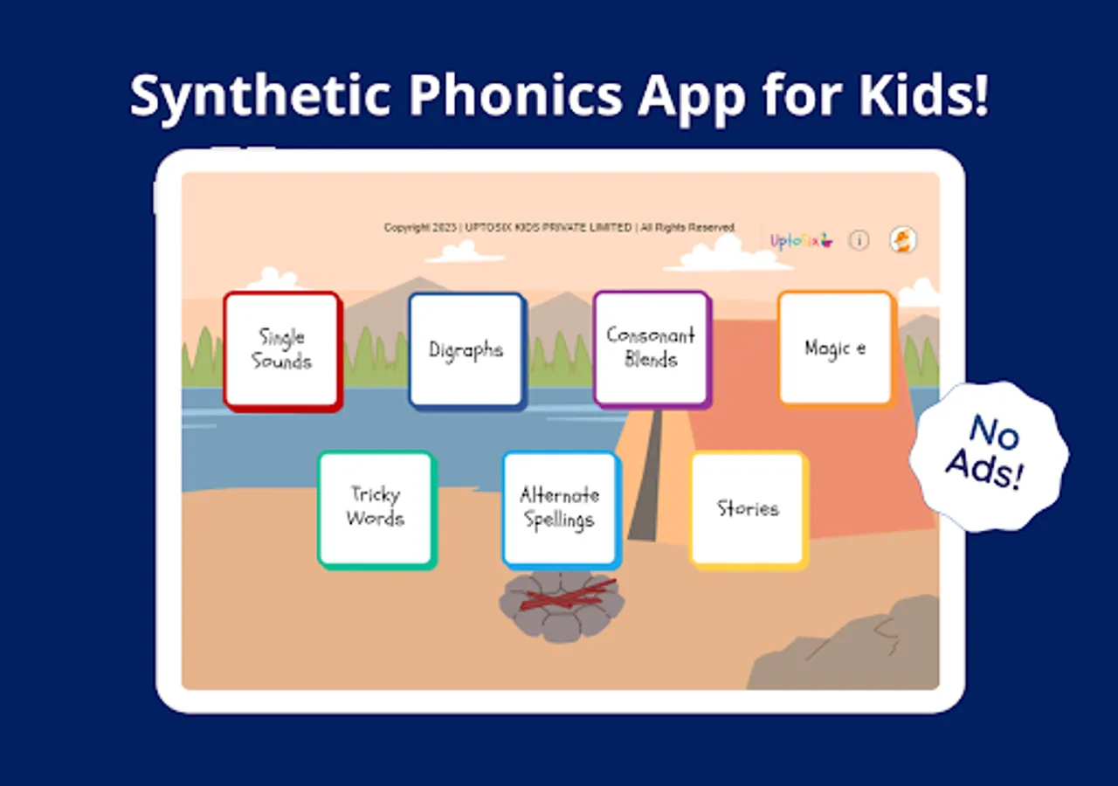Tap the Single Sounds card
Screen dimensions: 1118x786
point(283,351)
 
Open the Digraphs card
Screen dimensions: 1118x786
point(467,351)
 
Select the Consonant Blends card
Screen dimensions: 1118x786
point(652,349)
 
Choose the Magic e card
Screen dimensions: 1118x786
point(837,349)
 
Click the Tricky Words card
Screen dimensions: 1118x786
point(377,510)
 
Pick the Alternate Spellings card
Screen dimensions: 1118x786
point(562,510)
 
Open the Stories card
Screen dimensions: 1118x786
point(749,510)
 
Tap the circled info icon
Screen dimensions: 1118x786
point(859,240)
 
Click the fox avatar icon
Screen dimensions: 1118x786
point(903,240)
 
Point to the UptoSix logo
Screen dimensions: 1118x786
point(802,241)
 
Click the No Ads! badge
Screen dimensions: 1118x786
point(989,457)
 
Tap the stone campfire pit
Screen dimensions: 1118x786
point(562,605)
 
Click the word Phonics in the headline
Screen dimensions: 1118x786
point(516,95)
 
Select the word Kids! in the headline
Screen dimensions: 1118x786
point(923,95)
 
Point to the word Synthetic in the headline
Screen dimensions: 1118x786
point(260,97)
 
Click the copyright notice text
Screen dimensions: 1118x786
point(560,228)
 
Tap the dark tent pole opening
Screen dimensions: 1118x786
point(647,474)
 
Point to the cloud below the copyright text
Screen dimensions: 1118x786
point(466,252)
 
